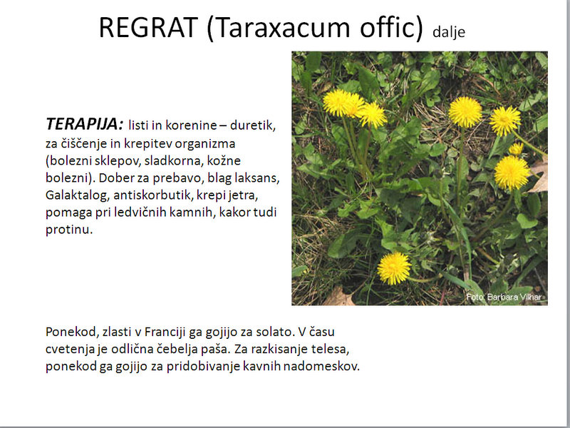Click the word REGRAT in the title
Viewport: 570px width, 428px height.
pos(148,28)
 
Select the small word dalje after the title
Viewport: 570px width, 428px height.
pos(449,32)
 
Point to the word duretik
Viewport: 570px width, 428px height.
pos(253,126)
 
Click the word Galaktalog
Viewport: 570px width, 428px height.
pos(78,195)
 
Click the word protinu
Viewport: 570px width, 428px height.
pos(69,230)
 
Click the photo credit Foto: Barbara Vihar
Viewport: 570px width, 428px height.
pos(504,297)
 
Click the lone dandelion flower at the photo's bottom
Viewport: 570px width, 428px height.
pos(394,268)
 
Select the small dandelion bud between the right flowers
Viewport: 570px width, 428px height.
pos(516,149)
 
